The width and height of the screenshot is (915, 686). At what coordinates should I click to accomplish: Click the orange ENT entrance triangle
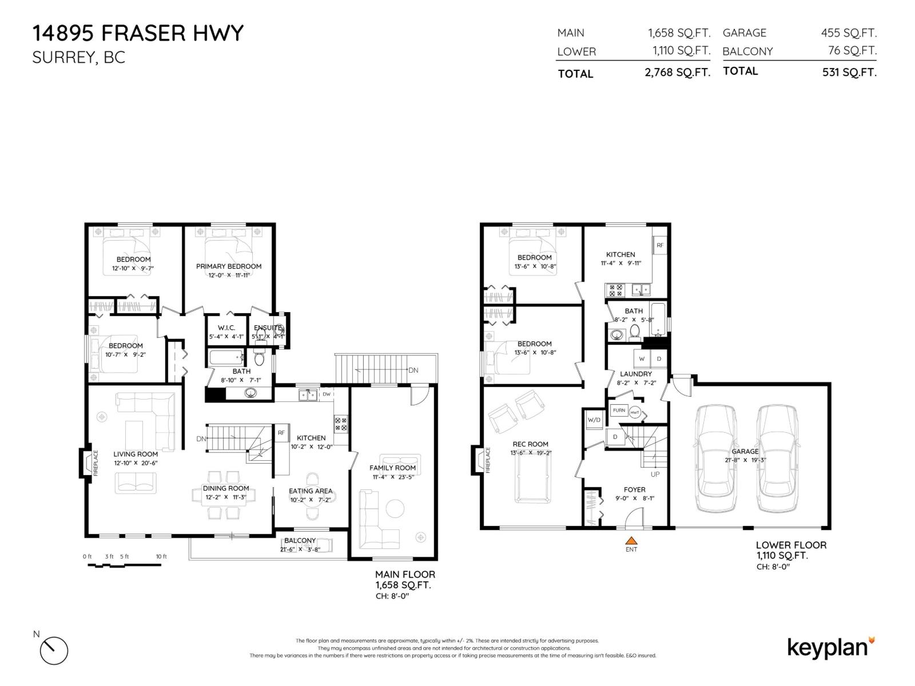(x=631, y=540)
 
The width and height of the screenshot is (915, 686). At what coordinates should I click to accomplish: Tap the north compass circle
(x=54, y=651)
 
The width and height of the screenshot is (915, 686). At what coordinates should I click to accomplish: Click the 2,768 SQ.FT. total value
(x=677, y=73)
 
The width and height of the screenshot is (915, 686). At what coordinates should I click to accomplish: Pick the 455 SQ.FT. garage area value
(x=849, y=33)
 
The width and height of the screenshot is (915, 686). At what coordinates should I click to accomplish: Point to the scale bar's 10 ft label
(x=161, y=556)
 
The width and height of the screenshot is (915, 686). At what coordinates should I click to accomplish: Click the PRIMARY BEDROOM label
(x=229, y=266)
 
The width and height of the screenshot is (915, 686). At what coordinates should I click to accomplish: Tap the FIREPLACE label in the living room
(x=96, y=462)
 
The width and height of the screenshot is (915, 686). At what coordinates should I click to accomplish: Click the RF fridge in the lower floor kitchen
(x=660, y=245)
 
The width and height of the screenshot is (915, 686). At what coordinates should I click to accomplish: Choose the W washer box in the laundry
(x=642, y=359)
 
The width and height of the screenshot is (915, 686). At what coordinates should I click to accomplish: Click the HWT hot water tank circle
(x=635, y=412)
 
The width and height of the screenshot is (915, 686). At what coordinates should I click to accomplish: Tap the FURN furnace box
(x=619, y=410)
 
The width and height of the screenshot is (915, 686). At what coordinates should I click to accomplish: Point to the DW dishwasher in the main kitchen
(x=327, y=394)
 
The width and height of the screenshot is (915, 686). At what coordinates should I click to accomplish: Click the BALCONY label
(x=300, y=541)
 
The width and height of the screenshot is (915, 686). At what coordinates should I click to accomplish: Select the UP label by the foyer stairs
(x=655, y=474)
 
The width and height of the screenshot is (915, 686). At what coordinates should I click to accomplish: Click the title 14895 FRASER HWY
(x=138, y=33)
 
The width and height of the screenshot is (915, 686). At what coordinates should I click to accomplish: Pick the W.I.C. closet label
(x=226, y=328)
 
